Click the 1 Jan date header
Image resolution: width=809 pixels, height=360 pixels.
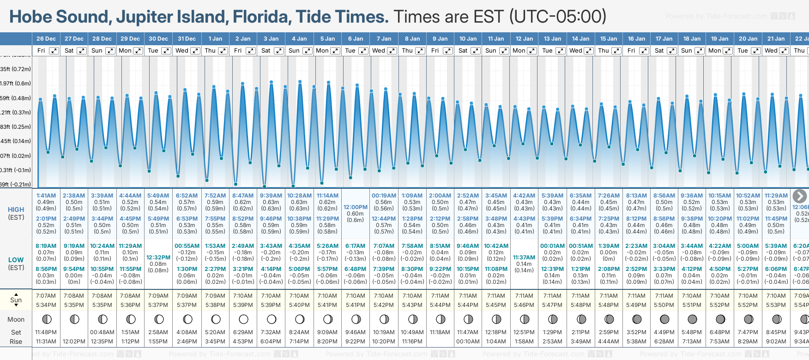click(x=215, y=39)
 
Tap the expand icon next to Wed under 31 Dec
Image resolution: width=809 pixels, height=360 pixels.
click(x=195, y=51)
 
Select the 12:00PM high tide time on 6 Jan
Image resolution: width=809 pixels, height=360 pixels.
click(x=355, y=207)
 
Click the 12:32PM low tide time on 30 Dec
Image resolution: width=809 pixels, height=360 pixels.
click(x=158, y=258)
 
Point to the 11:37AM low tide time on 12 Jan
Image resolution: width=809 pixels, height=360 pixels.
click(x=524, y=258)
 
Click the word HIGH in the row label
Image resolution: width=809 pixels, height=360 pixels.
click(x=16, y=210)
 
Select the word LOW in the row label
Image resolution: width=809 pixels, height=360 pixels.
click(x=16, y=260)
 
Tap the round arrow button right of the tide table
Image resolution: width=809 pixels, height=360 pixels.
click(x=800, y=196)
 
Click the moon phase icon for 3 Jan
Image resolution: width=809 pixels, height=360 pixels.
click(x=272, y=319)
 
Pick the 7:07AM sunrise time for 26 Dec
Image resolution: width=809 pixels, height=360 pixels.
click(x=46, y=296)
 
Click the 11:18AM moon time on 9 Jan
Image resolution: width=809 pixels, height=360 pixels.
click(x=440, y=332)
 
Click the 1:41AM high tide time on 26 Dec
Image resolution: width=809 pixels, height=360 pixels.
click(x=46, y=196)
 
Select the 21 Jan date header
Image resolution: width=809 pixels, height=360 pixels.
click(x=776, y=39)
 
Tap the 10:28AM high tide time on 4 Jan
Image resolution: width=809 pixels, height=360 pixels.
click(x=299, y=196)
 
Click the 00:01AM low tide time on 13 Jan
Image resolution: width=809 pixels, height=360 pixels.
click(x=552, y=246)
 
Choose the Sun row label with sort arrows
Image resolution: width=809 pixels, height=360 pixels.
click(x=16, y=300)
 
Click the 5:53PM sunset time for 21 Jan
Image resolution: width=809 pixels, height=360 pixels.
click(x=776, y=305)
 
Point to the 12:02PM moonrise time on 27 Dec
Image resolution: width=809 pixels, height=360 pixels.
click(x=74, y=342)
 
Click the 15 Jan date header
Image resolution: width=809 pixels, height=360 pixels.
click(x=609, y=39)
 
